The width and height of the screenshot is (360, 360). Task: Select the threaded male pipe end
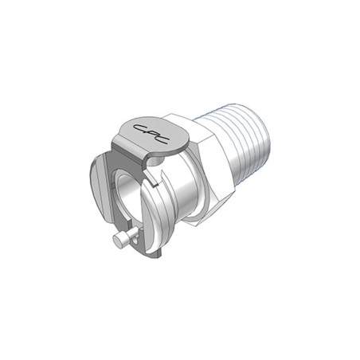pos(233,149)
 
